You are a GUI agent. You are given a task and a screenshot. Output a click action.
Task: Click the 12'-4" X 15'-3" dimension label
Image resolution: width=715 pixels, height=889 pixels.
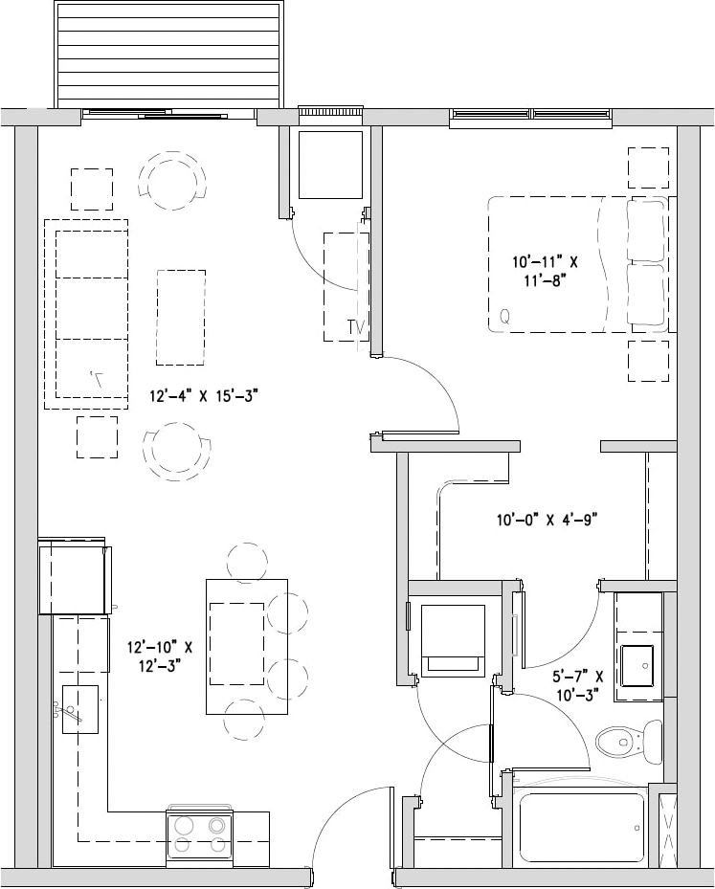coord(204,394)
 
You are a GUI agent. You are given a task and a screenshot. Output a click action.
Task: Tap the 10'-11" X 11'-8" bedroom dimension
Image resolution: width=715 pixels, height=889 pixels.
coord(545,271)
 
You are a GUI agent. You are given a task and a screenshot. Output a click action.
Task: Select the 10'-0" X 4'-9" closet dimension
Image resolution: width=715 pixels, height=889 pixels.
coord(547,521)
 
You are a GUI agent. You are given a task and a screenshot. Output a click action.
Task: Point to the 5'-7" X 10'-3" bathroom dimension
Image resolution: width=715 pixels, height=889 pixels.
coord(577,686)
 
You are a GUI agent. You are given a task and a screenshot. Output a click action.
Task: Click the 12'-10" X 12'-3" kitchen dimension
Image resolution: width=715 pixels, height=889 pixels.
coord(160,655)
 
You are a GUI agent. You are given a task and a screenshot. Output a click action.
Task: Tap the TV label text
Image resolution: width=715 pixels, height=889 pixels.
coord(357,328)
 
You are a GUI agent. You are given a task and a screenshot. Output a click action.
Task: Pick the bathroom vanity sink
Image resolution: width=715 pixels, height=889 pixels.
coord(637,665)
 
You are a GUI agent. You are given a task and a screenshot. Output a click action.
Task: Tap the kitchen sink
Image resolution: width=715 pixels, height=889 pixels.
coord(80,709)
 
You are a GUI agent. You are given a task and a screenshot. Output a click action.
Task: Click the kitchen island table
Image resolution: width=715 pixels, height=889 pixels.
coord(246,646)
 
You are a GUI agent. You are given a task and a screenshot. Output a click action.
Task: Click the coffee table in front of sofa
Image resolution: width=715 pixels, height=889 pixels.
coord(181,317)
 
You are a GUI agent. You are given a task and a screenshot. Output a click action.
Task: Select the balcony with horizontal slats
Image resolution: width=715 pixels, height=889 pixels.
coord(169,56)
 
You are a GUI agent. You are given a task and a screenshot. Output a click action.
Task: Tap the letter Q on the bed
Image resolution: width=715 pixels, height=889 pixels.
coord(504,314)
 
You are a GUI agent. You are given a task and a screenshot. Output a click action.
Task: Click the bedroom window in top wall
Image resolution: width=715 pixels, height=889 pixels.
coord(530,117)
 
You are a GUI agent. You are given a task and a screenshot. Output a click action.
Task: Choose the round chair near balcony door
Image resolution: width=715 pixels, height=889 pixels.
coord(172,179)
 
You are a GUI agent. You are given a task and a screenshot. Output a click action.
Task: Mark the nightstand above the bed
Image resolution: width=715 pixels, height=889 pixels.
coord(648,167)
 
